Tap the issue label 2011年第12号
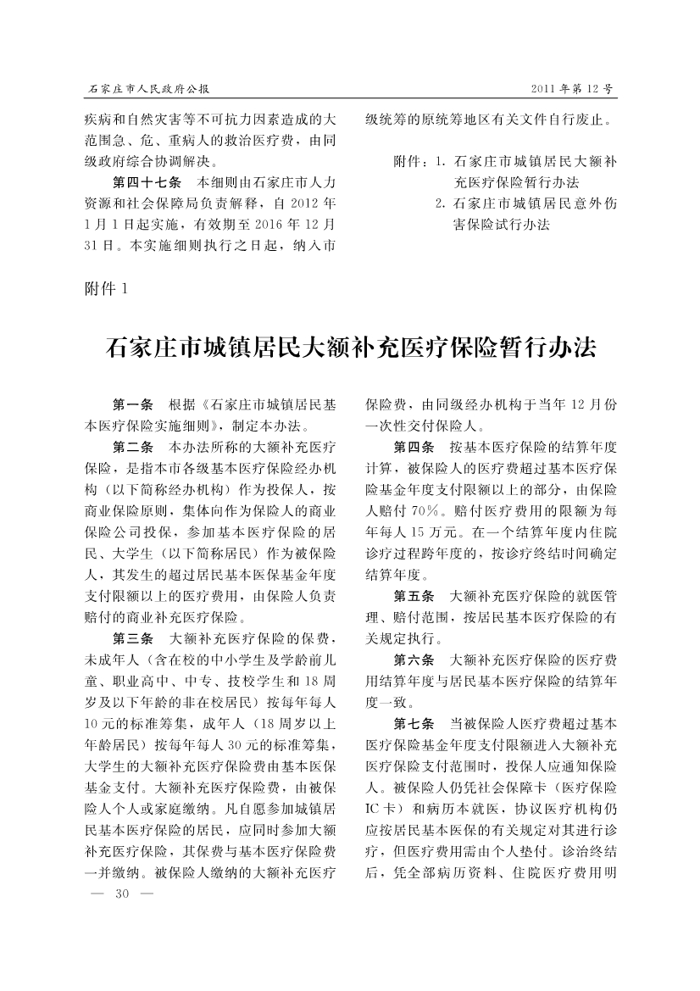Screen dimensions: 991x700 coord(571,89)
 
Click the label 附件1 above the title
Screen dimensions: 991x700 coord(105,290)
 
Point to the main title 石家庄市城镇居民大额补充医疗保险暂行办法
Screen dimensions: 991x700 coord(350,348)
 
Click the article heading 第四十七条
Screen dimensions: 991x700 coord(145,182)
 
